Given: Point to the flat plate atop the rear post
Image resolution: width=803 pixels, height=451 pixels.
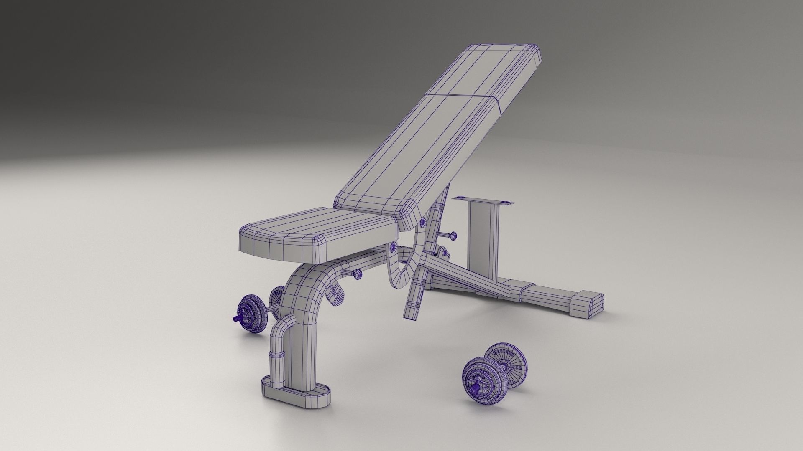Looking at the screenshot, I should pyautogui.click(x=483, y=202).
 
